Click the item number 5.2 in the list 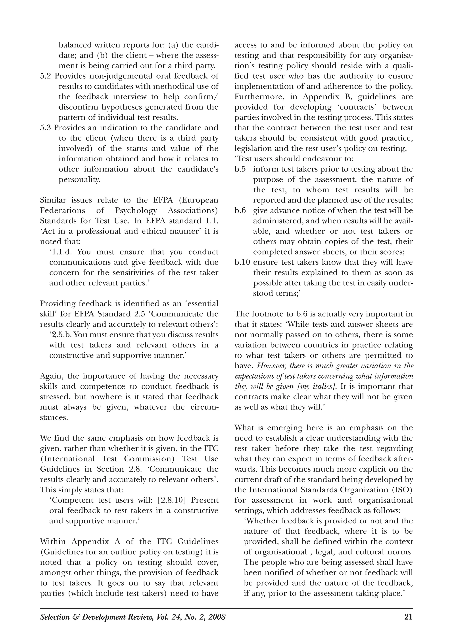(46, 76)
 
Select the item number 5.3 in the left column (46, 128)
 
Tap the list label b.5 (240, 169)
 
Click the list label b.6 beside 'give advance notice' (240, 211)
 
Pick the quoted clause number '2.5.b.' (62, 335)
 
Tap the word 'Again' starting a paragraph (51, 376)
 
